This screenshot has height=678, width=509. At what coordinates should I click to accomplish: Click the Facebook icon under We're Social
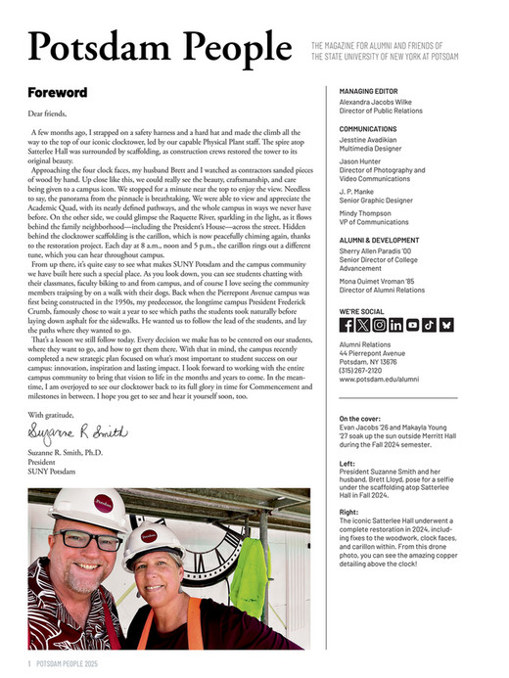coord(347,324)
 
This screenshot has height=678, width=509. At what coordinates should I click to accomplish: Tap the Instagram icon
coord(379,324)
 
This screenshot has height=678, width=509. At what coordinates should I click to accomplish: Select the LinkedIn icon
coord(395,324)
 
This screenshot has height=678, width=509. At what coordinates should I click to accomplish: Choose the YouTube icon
coord(412,324)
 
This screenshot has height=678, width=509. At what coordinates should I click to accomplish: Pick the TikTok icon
coord(429,324)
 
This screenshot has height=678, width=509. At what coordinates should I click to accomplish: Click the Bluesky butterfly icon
coord(445,324)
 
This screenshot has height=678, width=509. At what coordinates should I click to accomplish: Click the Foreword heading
coord(58,93)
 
